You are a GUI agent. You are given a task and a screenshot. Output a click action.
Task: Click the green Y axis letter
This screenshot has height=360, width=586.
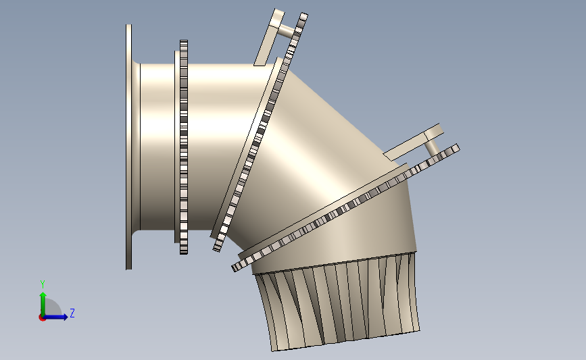tap(43, 284)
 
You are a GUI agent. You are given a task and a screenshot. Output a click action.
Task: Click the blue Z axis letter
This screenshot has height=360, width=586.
tap(72, 313)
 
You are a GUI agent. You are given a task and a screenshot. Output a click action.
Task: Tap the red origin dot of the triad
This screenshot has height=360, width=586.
tap(42, 318)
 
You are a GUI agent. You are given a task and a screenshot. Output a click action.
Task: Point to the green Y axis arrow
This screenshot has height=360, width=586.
tap(43, 304)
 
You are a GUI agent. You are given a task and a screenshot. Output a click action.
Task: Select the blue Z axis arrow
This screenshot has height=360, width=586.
tap(55, 317)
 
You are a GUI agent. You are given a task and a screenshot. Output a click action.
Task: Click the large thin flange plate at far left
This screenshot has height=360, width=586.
tap(128, 147)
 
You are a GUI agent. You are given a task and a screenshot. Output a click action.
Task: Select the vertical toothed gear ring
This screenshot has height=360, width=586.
tap(183, 147)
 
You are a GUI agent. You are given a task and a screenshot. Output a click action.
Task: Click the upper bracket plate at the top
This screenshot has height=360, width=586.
tap(269, 37)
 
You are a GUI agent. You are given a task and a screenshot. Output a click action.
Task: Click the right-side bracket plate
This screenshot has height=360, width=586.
tap(414, 143)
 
